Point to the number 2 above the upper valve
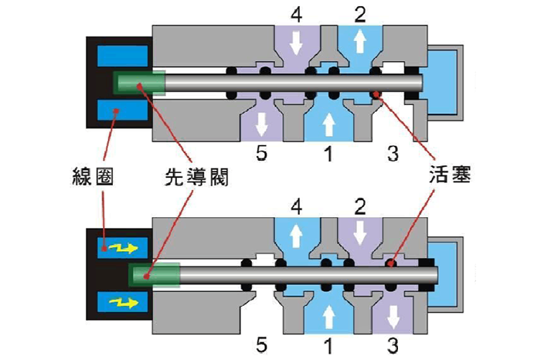coord(358,14)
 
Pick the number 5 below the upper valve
coord(261,154)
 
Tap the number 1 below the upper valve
coord(328,154)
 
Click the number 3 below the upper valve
coord(392,154)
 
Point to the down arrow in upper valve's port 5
coord(261,123)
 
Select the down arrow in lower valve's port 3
coord(392,316)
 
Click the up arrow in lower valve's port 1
coord(328,317)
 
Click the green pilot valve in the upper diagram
coord(139,83)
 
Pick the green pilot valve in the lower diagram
coord(155,273)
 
